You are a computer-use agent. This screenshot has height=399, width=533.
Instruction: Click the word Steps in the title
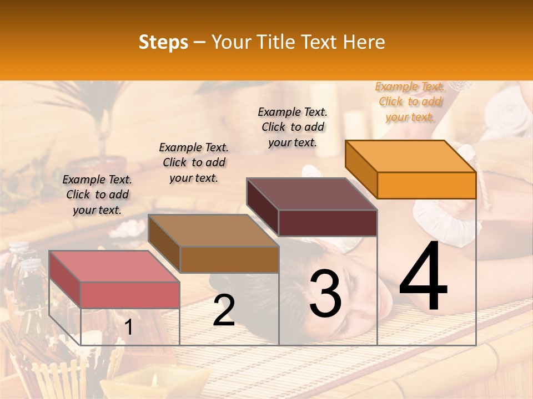point(163,42)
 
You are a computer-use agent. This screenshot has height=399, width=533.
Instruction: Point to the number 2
point(224,310)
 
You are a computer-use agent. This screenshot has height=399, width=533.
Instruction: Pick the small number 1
point(129,328)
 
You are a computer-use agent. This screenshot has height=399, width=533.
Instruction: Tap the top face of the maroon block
point(311,194)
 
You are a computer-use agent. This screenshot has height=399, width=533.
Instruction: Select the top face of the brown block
point(213,231)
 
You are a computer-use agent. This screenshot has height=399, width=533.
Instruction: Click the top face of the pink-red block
point(114,267)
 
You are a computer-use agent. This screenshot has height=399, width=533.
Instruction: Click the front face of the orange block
point(426,185)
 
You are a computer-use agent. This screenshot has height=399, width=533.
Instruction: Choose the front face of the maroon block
point(328,223)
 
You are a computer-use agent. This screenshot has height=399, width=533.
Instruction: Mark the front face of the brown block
point(229,259)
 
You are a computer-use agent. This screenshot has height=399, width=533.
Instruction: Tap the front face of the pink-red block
point(130,295)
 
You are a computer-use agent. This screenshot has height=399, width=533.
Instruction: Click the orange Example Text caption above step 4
point(410,101)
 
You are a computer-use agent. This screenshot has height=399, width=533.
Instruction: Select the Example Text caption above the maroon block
point(293,127)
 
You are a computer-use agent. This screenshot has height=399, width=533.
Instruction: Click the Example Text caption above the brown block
point(194,162)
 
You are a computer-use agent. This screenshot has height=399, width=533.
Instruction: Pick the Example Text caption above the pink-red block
point(97,195)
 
